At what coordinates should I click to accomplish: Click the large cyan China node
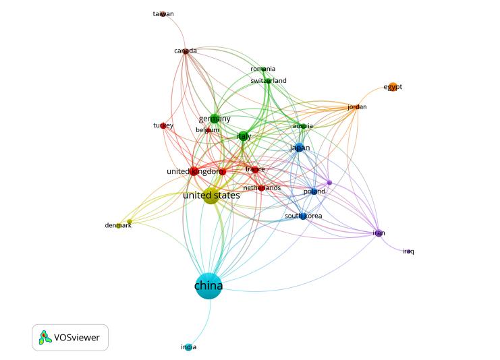click(x=209, y=286)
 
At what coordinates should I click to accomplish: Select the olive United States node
click(x=211, y=196)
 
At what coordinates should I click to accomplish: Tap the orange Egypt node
click(x=393, y=86)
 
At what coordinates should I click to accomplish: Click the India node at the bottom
click(x=189, y=347)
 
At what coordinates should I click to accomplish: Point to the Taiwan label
click(x=163, y=14)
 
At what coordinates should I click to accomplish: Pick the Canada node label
click(x=186, y=51)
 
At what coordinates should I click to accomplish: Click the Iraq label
click(x=408, y=251)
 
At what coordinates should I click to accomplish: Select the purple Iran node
click(x=379, y=233)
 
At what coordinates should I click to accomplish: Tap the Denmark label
click(x=117, y=225)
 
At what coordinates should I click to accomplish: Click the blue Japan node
click(x=299, y=148)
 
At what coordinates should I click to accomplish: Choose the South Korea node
click(x=303, y=216)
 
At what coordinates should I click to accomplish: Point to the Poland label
click(x=314, y=191)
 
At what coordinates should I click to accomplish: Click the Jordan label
click(x=357, y=107)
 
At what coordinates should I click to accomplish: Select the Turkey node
click(x=163, y=125)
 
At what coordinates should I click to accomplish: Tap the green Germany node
click(x=215, y=119)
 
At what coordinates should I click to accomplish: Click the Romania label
click(x=262, y=69)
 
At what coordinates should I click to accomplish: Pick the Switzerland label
click(x=269, y=81)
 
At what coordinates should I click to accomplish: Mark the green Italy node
click(x=244, y=136)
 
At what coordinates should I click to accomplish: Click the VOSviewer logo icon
click(x=45, y=337)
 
